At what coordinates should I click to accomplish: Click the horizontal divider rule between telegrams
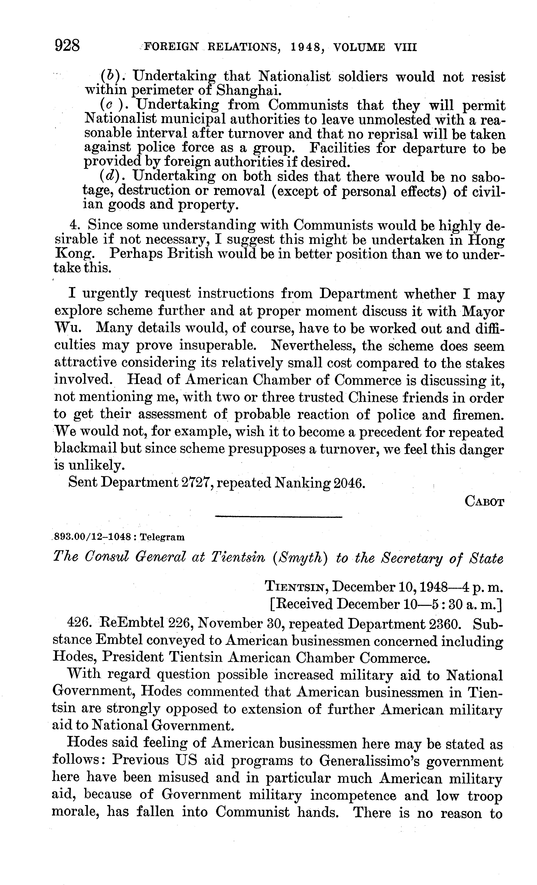pyautogui.click(x=278, y=517)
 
